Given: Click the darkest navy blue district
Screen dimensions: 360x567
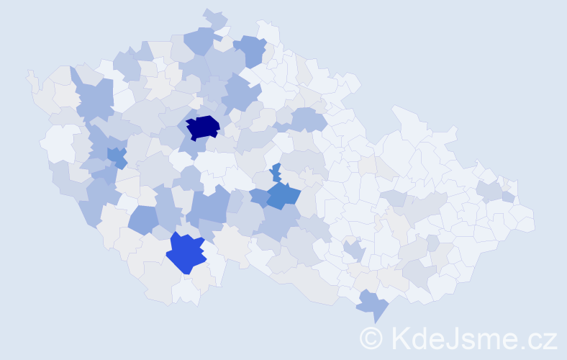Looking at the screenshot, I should pyautogui.click(x=202, y=127).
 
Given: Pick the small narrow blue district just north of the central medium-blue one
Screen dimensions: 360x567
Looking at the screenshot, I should pyautogui.click(x=276, y=172).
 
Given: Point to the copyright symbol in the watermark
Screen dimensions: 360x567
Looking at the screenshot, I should pyautogui.click(x=371, y=337).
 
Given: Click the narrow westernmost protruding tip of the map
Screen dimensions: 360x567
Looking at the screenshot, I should pyautogui.click(x=30, y=74).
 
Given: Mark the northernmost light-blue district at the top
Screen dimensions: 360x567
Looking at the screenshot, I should pyautogui.click(x=214, y=18).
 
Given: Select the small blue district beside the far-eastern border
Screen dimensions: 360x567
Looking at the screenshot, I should pyautogui.click(x=508, y=197).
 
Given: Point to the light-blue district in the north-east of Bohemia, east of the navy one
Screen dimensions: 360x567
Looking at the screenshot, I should pyautogui.click(x=308, y=119).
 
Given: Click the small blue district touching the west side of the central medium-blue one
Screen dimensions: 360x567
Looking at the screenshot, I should pyautogui.click(x=260, y=197).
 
